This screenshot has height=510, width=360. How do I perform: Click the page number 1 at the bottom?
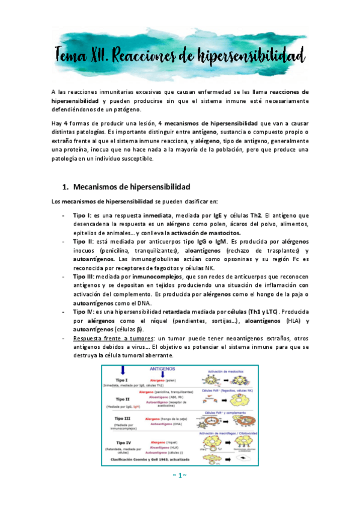pyautogui.click(x=180, y=493)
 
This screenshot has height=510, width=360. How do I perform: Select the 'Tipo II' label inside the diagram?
pyautogui.click(x=124, y=398)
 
